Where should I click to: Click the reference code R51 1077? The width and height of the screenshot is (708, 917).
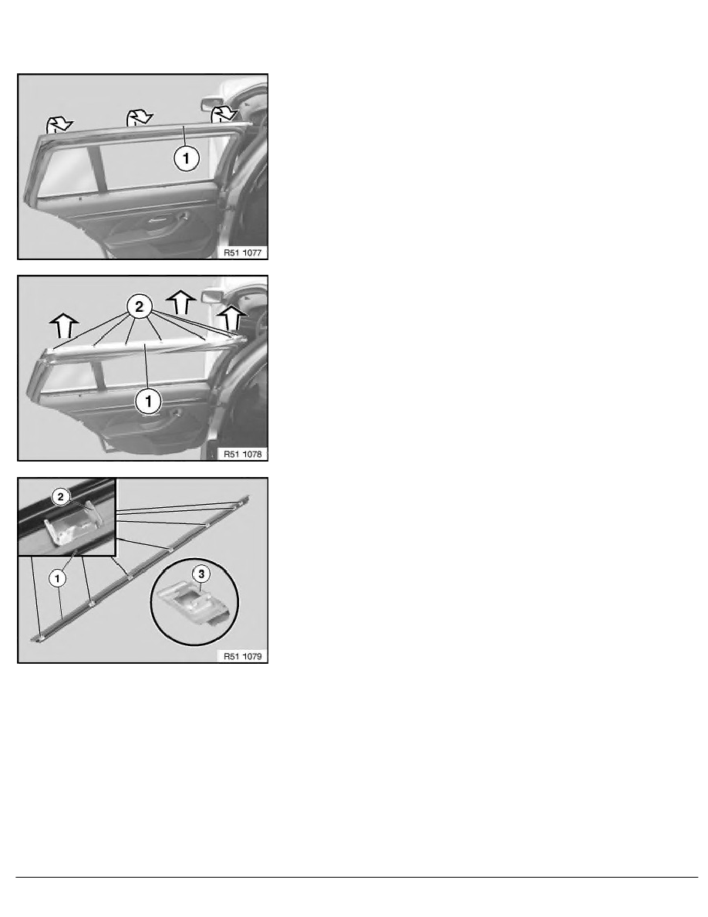242,252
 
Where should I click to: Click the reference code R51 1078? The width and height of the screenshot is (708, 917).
242,454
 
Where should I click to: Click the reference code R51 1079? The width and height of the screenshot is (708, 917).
242,656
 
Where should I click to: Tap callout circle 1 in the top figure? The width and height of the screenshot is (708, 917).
187,158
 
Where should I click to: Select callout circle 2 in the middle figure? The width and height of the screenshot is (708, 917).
139,306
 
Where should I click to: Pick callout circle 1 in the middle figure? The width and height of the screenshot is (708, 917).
148,401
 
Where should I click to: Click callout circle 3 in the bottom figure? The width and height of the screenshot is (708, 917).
201,574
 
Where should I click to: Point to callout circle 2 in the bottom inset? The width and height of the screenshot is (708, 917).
61,496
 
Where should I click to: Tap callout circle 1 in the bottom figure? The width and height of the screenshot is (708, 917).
57,578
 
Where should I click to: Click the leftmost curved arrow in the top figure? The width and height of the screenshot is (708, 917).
59,124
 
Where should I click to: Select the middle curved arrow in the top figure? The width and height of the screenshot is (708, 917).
140,117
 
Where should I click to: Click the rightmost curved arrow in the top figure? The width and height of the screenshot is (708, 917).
224,114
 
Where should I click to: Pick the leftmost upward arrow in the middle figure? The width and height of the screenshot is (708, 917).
64,326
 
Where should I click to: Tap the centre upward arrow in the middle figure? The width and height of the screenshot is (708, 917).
181,302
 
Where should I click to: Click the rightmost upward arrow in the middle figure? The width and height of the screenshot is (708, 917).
232,320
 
